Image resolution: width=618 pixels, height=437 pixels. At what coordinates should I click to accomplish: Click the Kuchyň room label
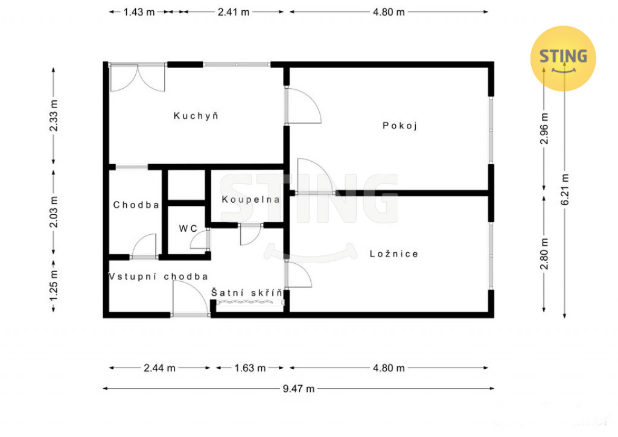tap(196, 116)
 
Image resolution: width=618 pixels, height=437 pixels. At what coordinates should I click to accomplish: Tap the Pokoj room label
tap(400, 126)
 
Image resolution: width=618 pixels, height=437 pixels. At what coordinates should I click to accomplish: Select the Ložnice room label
tap(393, 254)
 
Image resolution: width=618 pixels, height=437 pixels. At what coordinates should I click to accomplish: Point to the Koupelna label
tap(250, 199)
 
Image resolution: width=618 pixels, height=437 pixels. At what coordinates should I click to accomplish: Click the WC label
tap(188, 229)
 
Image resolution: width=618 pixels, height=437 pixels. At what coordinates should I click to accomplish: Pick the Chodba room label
tap(136, 205)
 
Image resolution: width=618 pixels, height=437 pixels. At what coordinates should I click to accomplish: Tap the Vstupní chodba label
tap(158, 276)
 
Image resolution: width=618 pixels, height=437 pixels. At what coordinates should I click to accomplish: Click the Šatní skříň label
tap(247, 293)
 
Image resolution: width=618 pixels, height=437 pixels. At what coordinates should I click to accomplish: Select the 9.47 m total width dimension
tap(298, 389)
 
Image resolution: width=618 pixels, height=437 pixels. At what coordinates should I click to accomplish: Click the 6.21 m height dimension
tap(565, 189)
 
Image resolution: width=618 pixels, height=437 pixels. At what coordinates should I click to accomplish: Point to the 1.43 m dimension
tap(139, 12)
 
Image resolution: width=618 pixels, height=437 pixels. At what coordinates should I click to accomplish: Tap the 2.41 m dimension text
tap(234, 12)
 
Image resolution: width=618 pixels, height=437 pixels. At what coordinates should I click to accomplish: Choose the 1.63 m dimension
tap(250, 368)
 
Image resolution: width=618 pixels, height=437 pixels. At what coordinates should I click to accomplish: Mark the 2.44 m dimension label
tap(159, 368)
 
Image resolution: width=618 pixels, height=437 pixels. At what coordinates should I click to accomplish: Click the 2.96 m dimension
tap(544, 129)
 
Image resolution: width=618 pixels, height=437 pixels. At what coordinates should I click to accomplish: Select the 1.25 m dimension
tap(54, 285)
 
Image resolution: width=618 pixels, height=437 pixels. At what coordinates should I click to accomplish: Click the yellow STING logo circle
tap(563, 59)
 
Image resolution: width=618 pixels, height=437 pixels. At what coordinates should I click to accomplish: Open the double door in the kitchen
tap(137, 78)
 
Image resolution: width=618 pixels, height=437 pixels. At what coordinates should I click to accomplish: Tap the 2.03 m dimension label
tap(54, 212)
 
